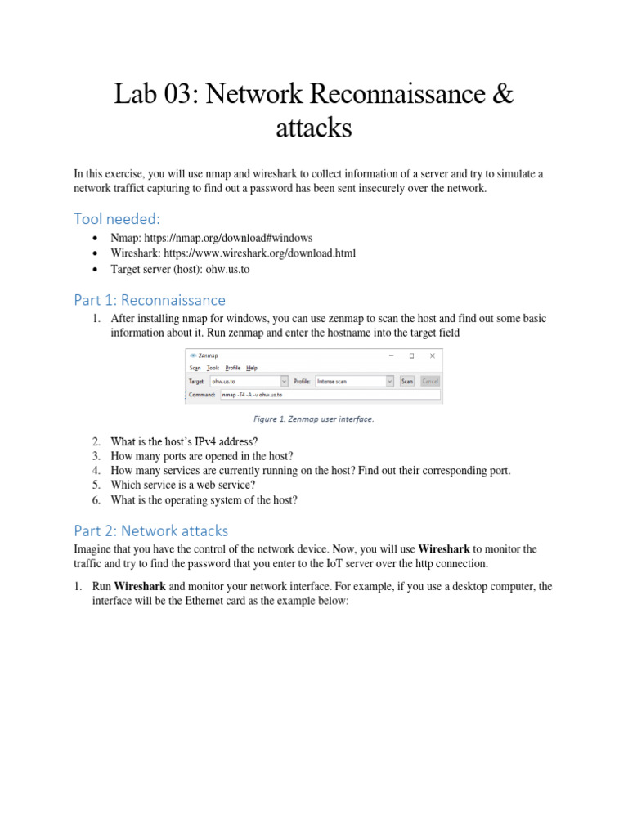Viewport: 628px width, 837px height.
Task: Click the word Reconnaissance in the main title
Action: tap(397, 95)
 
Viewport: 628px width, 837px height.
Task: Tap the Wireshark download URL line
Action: tap(232, 253)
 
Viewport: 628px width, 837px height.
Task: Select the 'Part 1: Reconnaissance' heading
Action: tap(150, 300)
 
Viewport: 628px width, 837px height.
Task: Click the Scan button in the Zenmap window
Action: tap(406, 381)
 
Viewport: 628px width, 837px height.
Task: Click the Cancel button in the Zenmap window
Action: tap(430, 381)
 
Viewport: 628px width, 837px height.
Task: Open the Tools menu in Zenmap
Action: tap(213, 369)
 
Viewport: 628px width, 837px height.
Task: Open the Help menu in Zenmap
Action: tap(252, 369)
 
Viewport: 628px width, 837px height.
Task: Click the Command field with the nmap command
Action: tap(330, 394)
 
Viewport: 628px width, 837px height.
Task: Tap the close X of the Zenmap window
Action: tap(433, 356)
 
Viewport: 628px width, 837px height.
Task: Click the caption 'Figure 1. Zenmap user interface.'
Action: tap(314, 419)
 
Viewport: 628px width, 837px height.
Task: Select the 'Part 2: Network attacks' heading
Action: tap(151, 530)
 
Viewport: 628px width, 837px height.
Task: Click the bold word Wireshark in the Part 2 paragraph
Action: tap(444, 550)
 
